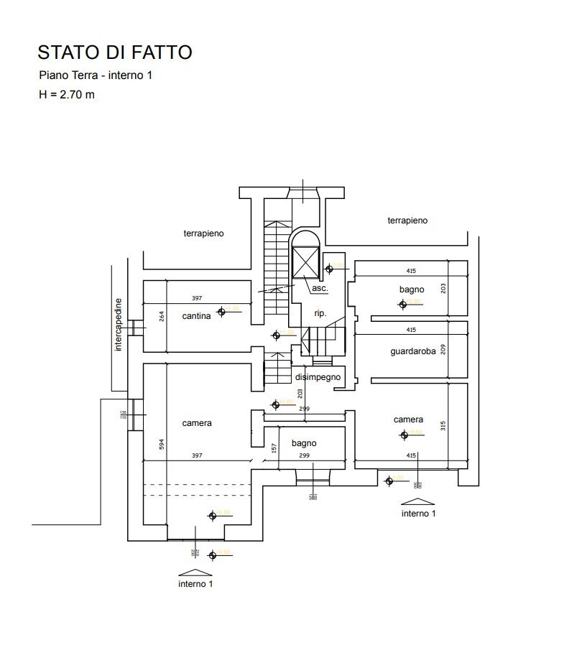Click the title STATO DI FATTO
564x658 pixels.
pos(115,52)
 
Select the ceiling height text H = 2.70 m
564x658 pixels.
pos(67,94)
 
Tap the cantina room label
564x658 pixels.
pos(196,315)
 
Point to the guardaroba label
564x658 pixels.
pos(413,352)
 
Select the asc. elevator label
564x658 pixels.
pos(320,288)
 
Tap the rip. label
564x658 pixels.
pos(320,313)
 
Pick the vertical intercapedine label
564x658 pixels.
pos(119,325)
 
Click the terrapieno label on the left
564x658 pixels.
pos(204,233)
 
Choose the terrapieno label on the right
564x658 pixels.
pos(407,221)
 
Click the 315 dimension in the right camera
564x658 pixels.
pos(444,425)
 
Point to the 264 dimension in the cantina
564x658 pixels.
pos(162,315)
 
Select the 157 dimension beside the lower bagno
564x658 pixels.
pos(274,448)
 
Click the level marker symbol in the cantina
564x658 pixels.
pos(223,311)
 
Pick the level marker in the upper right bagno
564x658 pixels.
pos(402,304)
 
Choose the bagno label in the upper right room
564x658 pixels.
pos(412,289)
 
